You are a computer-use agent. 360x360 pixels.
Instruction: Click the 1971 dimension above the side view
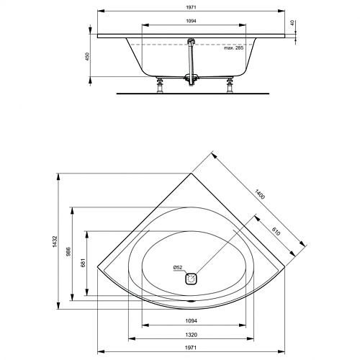[x=191, y=7]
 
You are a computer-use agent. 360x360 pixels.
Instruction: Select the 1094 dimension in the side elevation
[x=191, y=21]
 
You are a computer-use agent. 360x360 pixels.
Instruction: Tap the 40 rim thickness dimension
[x=292, y=23]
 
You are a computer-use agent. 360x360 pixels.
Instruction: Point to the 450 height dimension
[x=87, y=56]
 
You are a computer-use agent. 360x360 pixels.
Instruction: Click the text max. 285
[x=233, y=48]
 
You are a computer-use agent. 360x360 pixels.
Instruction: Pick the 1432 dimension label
[x=55, y=241]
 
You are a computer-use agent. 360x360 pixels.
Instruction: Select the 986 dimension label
[x=68, y=252]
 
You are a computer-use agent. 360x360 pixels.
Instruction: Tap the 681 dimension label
[x=83, y=263]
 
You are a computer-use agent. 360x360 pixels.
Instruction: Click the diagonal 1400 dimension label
[x=260, y=194]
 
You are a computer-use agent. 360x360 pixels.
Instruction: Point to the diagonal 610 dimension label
[x=276, y=231]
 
